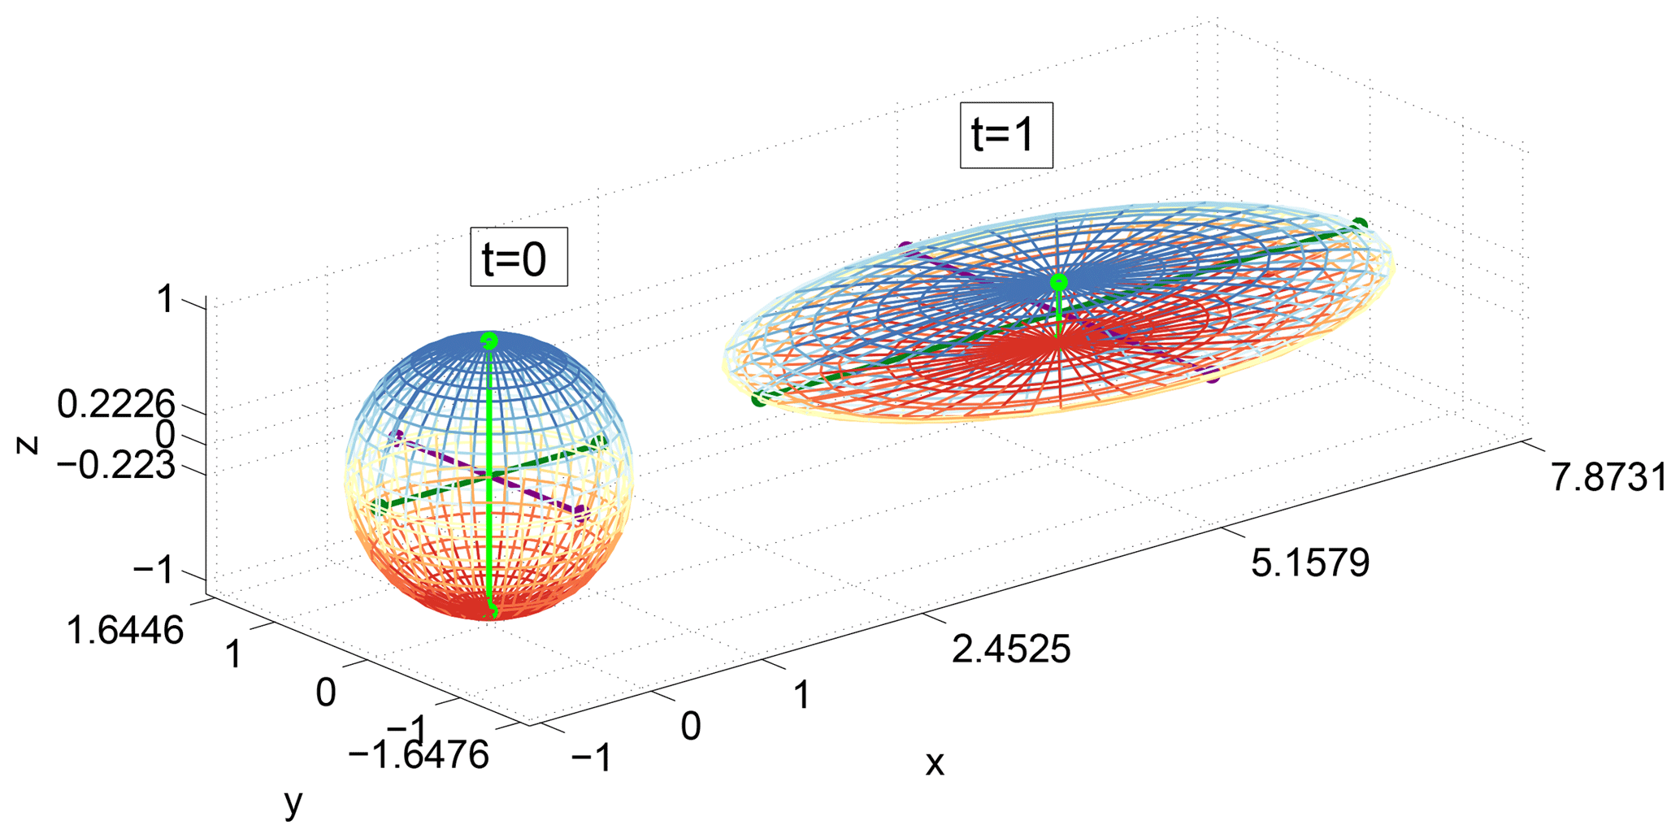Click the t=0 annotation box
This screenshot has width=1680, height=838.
click(x=519, y=257)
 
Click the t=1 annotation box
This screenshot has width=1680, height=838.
click(x=1006, y=135)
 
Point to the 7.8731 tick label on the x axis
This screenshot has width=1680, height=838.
click(x=1608, y=478)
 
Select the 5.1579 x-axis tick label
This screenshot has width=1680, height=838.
click(x=1309, y=562)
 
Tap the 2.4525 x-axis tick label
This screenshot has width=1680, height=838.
click(x=1010, y=649)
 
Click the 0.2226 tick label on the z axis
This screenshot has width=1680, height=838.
click(x=116, y=404)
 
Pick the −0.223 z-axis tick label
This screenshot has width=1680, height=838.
click(x=116, y=467)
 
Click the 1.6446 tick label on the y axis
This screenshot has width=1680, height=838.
click(x=124, y=630)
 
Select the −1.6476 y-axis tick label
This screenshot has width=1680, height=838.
click(x=419, y=754)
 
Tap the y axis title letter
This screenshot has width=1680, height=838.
click(x=293, y=803)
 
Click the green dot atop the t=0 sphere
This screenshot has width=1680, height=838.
click(x=488, y=341)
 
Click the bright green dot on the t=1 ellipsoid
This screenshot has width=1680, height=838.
click(x=1058, y=282)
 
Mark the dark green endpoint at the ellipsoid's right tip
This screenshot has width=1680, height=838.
click(x=1361, y=224)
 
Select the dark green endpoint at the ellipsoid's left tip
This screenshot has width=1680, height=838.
click(x=758, y=399)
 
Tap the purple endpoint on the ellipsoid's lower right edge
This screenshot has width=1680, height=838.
click(x=1213, y=376)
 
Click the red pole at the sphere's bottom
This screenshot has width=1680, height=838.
click(x=490, y=609)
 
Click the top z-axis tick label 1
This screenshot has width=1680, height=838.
click(x=166, y=300)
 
